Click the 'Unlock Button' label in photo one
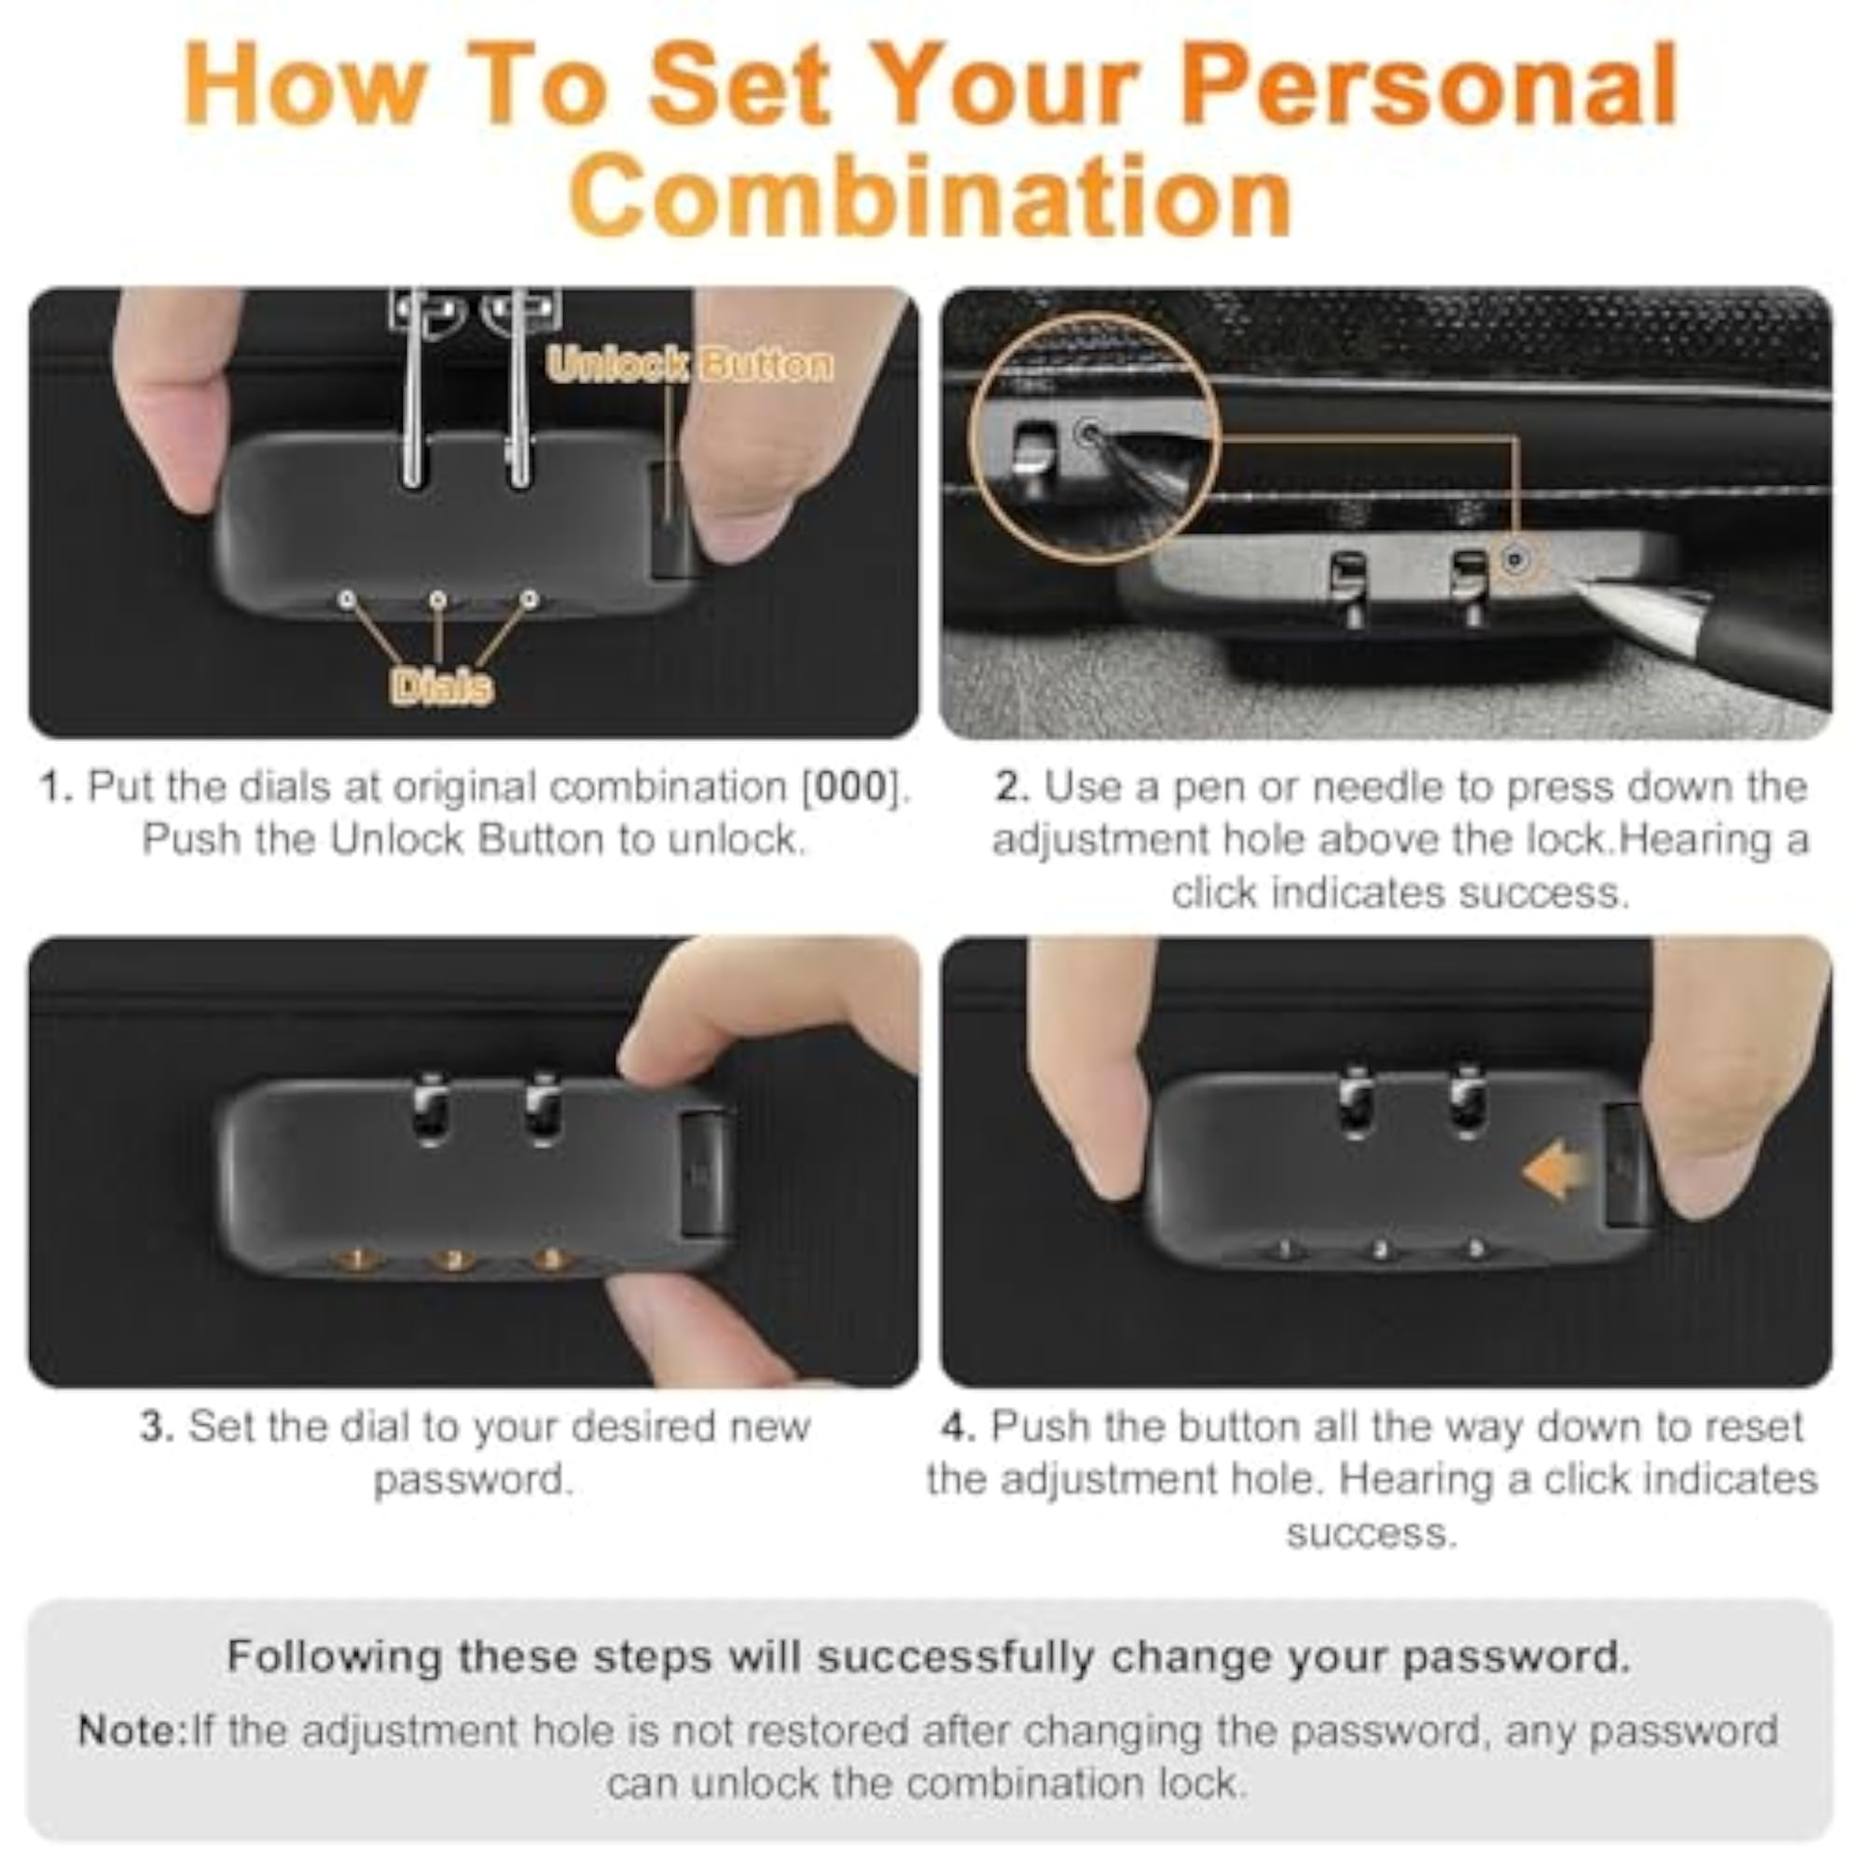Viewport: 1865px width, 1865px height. (x=689, y=365)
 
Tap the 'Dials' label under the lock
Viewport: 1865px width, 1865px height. (x=441, y=686)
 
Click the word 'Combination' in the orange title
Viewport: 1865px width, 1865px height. (x=932, y=196)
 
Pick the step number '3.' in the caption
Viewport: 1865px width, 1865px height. (x=158, y=1426)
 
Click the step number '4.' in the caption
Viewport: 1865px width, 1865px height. (x=960, y=1426)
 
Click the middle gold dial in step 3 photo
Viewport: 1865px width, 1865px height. (x=451, y=1259)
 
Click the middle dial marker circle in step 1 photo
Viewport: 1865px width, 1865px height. (x=438, y=601)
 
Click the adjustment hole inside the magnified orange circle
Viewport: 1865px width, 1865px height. (x=1089, y=433)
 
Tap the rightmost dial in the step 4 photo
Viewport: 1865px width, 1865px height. (x=1475, y=1249)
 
